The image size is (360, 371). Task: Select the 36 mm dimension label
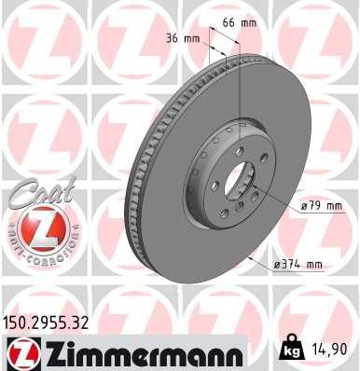click(188, 39)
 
